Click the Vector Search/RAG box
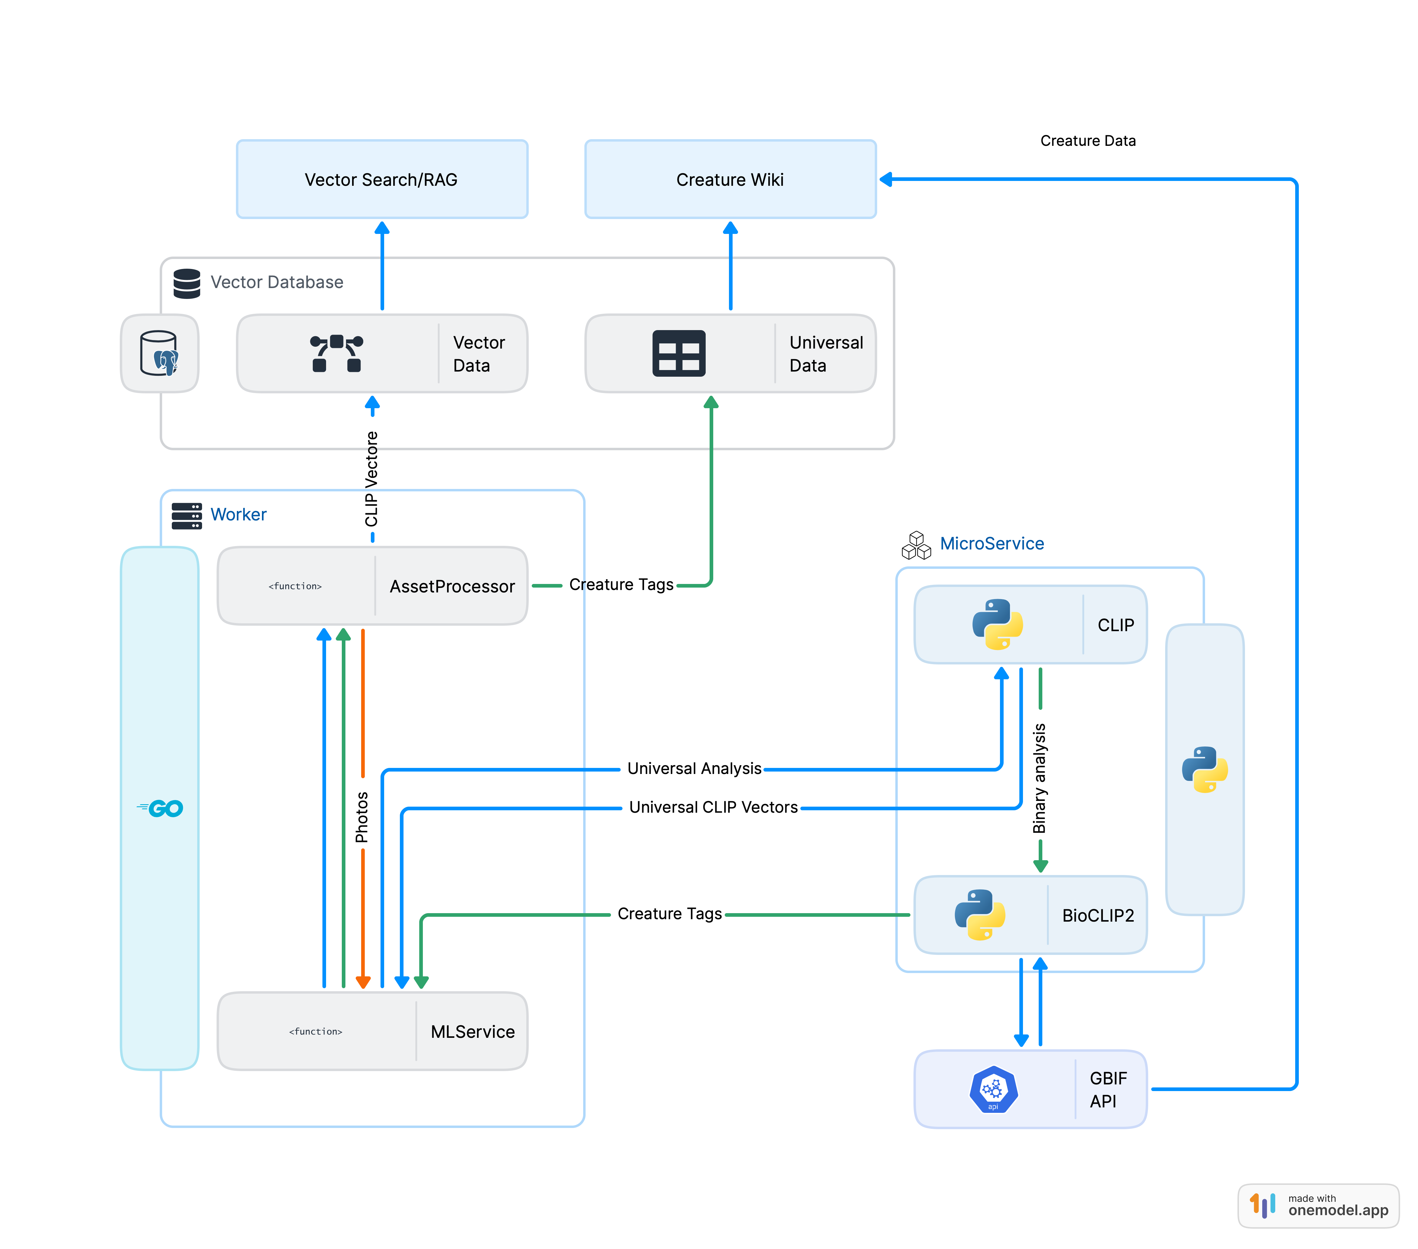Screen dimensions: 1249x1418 381,180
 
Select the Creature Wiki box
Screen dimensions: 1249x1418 730,180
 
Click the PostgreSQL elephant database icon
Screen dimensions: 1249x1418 160,354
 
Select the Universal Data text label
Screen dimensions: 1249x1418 825,354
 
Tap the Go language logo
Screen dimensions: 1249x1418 161,808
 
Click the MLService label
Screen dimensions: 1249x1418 472,1032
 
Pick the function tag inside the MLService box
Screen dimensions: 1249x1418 316,1032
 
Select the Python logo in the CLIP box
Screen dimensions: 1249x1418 997,624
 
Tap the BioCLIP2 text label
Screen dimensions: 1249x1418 1097,915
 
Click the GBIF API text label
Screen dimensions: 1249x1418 1108,1090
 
